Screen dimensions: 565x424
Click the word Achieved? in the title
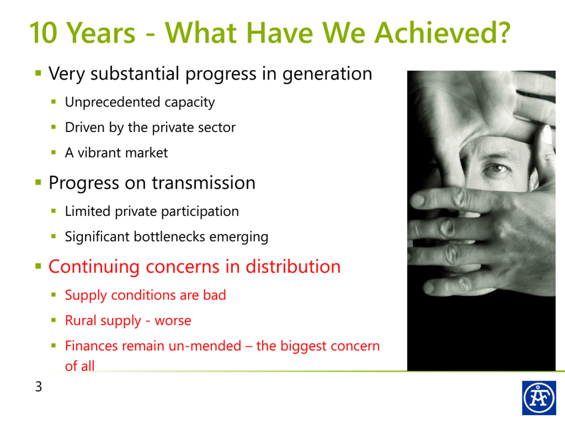tap(442, 32)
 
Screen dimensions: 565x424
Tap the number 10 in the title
tap(43, 33)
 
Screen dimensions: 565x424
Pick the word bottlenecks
tap(169, 237)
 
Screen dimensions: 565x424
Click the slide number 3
tap(39, 386)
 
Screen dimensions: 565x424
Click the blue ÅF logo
tap(539, 398)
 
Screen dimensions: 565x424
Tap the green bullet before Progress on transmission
tap(38, 182)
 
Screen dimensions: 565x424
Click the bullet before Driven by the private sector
tap(53, 127)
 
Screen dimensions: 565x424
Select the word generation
tap(327, 74)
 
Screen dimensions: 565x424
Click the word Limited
tap(87, 211)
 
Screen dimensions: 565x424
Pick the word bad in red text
tap(215, 295)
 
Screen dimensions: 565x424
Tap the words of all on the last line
tap(80, 366)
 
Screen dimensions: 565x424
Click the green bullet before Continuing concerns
tap(38, 266)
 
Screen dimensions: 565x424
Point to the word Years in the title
tap(102, 33)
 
